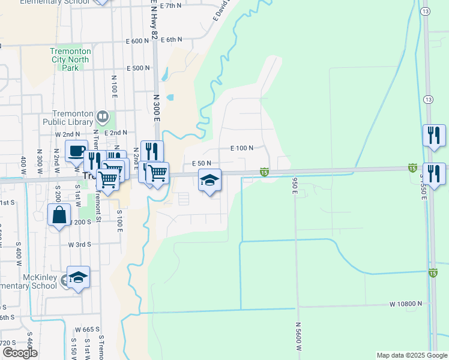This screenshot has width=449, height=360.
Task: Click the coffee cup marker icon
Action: pyautogui.click(x=76, y=151)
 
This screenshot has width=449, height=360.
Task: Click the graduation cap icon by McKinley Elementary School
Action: pyautogui.click(x=78, y=277)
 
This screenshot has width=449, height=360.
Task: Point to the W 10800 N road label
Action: pyautogui.click(x=406, y=304)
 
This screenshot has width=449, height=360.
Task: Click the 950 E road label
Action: pyautogui.click(x=295, y=185)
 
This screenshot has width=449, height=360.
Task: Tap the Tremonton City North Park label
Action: pyautogui.click(x=71, y=59)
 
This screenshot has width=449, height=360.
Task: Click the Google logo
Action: pyautogui.click(x=19, y=353)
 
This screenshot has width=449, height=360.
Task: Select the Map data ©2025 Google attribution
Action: pyautogui.click(x=412, y=355)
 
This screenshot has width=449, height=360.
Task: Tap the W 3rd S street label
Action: pyautogui.click(x=79, y=244)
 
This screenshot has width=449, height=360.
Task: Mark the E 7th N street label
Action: pyautogui.click(x=170, y=5)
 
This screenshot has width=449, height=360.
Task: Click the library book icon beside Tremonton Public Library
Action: pyautogui.click(x=103, y=116)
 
